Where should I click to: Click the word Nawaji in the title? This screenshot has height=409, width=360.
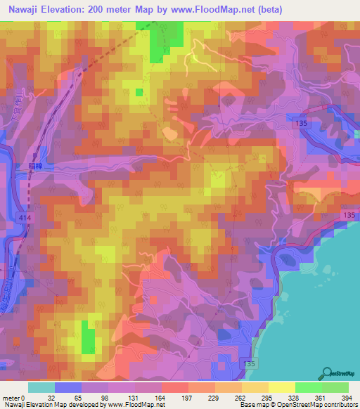[x=26, y=9]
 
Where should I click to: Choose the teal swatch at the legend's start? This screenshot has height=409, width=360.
[x=41, y=387]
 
